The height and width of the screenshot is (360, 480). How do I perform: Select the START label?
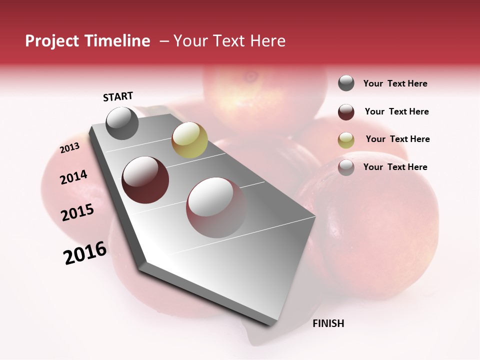118,96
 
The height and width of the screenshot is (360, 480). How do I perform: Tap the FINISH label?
328,323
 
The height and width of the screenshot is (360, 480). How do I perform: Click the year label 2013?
69,148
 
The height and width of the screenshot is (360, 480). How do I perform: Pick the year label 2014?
73,177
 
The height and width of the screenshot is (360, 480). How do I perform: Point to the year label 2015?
77,212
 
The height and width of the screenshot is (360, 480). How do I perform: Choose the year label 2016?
85,253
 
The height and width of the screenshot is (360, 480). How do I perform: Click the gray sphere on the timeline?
122,123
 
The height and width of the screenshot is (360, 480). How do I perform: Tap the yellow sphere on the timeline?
189,140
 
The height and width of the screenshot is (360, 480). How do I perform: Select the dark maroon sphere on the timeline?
145,180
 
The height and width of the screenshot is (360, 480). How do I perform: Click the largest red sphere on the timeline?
217,207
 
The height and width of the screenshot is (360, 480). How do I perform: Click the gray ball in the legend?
346,83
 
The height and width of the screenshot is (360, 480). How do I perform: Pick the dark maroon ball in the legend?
346,111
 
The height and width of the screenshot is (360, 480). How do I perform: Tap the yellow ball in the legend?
346,139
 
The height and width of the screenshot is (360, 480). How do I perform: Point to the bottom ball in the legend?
346,167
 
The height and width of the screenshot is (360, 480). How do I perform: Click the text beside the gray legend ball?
395,83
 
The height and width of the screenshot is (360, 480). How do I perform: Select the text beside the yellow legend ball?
397,139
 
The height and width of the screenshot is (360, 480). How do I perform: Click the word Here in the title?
267,41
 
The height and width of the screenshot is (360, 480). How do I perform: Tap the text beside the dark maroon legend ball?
396,111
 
